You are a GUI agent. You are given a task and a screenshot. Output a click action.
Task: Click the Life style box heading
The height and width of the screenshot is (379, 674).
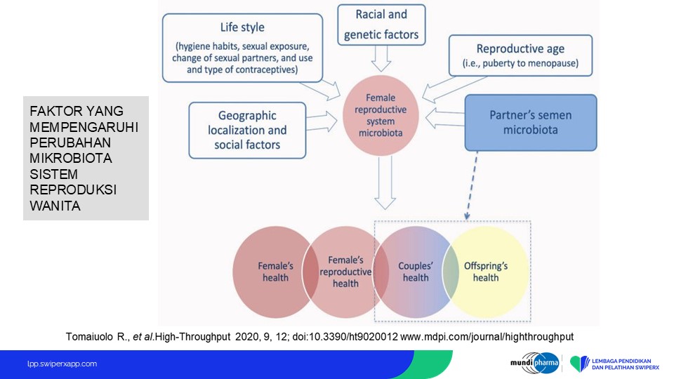(242, 27)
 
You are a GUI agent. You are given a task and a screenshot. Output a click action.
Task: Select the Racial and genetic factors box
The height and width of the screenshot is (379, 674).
(381, 25)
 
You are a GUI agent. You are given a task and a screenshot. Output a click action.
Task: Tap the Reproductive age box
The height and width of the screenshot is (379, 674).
(520, 55)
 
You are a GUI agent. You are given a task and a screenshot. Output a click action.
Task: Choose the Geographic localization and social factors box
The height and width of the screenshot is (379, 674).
(247, 131)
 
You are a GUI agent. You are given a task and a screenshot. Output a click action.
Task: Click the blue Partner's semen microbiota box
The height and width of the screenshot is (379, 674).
(531, 122)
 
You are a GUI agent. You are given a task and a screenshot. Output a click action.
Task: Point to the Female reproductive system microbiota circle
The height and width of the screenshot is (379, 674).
(381, 115)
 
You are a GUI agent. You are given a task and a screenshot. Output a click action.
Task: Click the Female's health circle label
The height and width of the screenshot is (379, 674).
(275, 272)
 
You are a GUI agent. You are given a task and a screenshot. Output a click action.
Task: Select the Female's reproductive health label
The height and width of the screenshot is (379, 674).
(345, 272)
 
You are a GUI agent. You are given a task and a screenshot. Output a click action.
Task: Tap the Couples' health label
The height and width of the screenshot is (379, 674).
(415, 272)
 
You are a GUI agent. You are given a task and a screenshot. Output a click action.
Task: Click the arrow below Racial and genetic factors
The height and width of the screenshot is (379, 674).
(381, 58)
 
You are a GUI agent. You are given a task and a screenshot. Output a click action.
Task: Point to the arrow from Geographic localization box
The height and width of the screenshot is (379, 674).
(322, 121)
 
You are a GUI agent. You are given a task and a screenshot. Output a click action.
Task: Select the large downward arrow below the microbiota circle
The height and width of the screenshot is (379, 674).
(385, 182)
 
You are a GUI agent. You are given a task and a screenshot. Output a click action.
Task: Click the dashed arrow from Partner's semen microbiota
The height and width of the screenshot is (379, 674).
(472, 185)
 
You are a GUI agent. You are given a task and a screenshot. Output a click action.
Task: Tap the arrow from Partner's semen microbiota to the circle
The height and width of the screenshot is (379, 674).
(445, 119)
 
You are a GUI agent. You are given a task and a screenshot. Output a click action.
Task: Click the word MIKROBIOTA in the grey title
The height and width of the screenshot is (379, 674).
(70, 158)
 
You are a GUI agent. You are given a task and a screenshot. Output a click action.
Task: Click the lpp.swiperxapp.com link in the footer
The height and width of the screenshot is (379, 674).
(62, 364)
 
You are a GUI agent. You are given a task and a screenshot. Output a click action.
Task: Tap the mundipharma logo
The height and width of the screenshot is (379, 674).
(534, 363)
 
